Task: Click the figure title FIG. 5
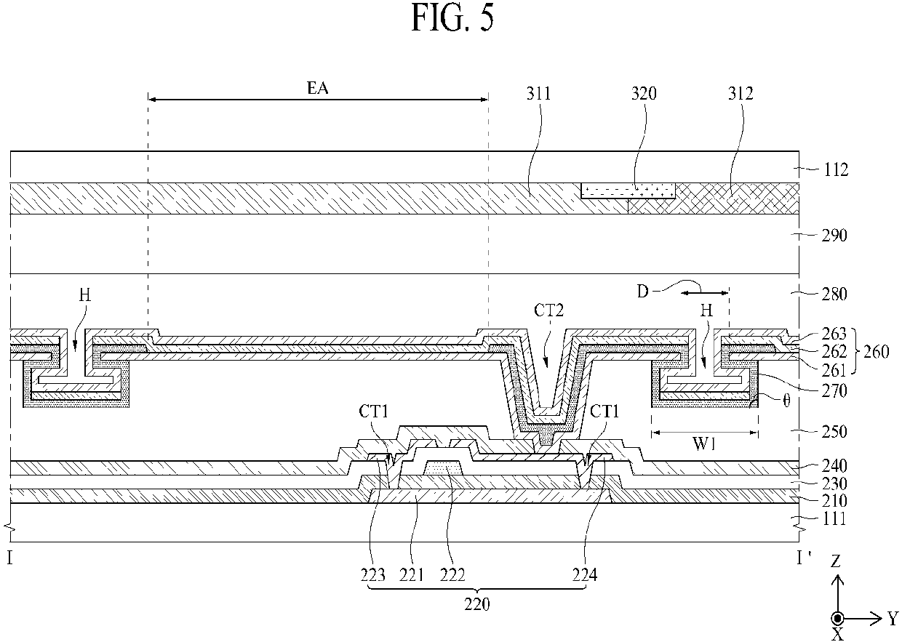click(x=452, y=18)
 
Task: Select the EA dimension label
click(x=317, y=88)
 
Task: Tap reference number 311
click(x=538, y=93)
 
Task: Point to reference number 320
click(x=644, y=93)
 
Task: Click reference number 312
click(x=740, y=93)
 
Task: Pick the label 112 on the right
click(x=836, y=170)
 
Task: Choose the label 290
click(x=835, y=235)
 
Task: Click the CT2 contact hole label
click(x=548, y=310)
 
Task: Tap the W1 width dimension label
click(x=704, y=444)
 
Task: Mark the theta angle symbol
click(x=786, y=401)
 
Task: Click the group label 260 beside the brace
click(x=877, y=352)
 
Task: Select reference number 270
click(x=834, y=390)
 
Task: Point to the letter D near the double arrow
click(x=643, y=292)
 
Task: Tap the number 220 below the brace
click(x=476, y=604)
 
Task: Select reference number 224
click(x=585, y=575)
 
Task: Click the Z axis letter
click(x=836, y=561)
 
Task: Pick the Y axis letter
click(x=893, y=617)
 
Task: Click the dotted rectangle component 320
click(x=628, y=190)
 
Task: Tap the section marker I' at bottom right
click(x=804, y=558)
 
